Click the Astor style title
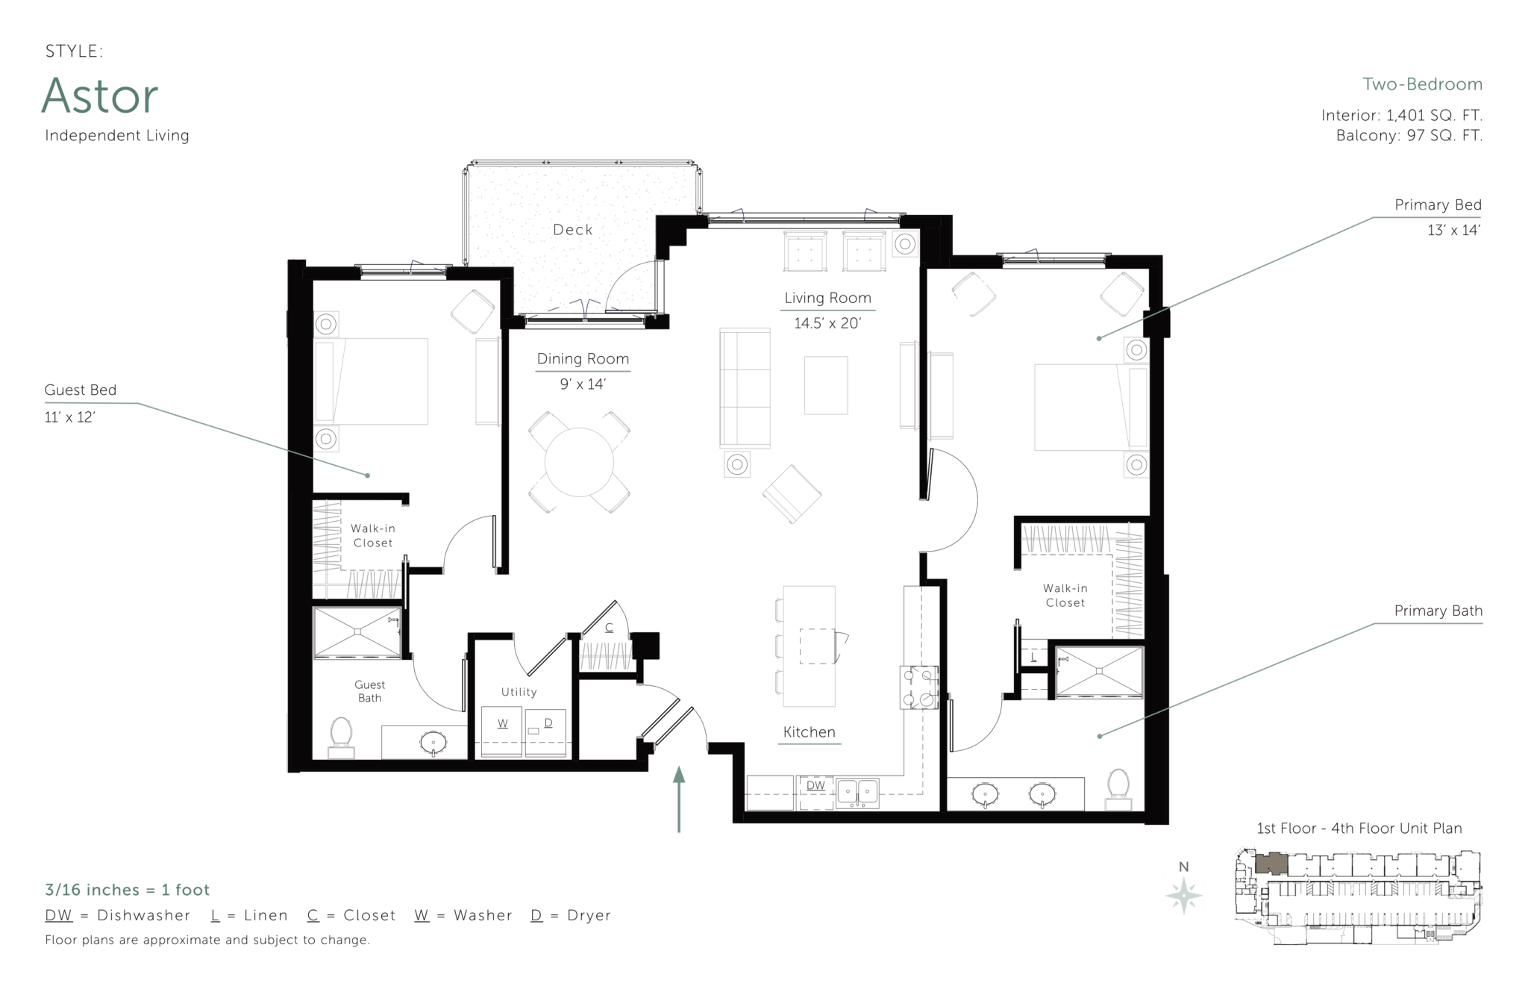click(x=100, y=96)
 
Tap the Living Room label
click(x=827, y=298)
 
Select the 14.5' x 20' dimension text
click(x=827, y=323)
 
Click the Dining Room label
click(x=583, y=359)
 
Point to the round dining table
click(x=579, y=463)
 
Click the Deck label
click(x=573, y=230)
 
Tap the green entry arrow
click(x=679, y=798)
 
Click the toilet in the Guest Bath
click(x=341, y=736)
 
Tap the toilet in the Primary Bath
click(x=1118, y=787)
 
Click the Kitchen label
click(x=810, y=732)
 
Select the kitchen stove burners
click(x=918, y=687)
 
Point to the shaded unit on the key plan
click(x=1271, y=864)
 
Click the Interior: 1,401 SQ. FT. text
click(x=1401, y=116)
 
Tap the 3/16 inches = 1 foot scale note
click(x=128, y=890)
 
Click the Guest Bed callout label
click(x=81, y=390)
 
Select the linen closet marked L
click(x=1033, y=658)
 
